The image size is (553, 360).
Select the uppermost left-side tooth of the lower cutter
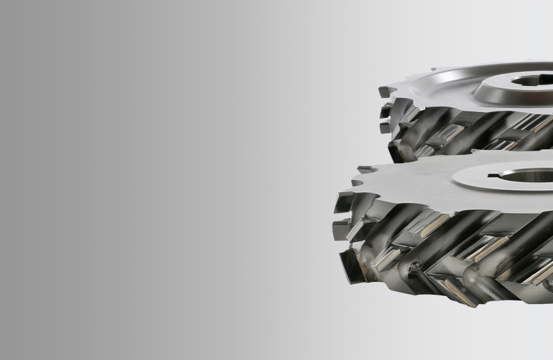pos(343,200)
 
